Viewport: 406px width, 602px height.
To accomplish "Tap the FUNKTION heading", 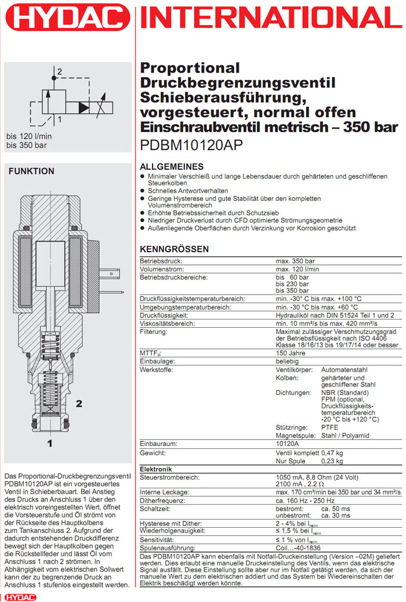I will [31, 172].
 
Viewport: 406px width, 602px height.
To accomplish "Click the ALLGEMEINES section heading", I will [172, 166].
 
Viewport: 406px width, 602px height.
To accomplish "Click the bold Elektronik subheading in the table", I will [157, 469].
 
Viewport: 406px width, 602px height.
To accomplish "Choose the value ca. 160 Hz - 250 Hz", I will [307, 500].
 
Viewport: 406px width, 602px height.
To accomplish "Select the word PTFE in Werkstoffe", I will [329, 427].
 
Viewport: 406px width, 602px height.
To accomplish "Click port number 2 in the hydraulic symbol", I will [59, 71].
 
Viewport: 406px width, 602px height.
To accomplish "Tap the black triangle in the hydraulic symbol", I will [85, 107].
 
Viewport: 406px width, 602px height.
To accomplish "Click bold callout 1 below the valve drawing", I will [50, 444].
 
